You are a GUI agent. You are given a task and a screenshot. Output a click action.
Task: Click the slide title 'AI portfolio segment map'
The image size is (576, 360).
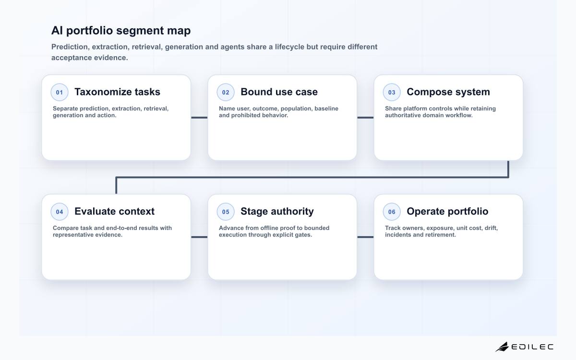[121, 31]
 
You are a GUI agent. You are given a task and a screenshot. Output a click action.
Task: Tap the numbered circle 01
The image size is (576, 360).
[60, 92]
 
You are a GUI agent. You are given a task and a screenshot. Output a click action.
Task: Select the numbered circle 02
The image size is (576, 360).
[226, 92]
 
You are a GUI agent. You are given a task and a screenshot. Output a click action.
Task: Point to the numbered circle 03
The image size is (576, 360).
[392, 92]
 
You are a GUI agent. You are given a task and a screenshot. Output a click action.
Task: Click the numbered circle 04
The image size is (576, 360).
[60, 212]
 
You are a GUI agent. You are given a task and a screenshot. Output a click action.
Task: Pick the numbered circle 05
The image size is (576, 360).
[226, 212]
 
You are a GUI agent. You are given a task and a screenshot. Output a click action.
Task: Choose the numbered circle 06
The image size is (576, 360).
[392, 212]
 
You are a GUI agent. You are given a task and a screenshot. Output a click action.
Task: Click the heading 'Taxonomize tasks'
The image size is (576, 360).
[117, 92]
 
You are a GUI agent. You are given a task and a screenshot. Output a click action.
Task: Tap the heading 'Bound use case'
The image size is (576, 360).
[279, 92]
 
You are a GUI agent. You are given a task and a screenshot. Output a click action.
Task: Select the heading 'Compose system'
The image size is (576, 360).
[448, 92]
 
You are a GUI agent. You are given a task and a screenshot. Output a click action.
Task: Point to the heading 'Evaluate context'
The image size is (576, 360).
[114, 211]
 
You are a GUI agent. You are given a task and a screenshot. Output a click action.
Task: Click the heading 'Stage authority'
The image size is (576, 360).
[277, 212]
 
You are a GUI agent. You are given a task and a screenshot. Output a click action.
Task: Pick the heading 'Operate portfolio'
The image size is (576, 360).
[447, 212]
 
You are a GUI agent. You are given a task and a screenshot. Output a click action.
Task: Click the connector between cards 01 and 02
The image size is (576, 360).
[199, 118]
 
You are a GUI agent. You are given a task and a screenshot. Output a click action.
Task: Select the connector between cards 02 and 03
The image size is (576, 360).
[365, 118]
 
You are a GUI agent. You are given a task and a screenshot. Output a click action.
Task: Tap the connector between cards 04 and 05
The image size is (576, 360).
[199, 237]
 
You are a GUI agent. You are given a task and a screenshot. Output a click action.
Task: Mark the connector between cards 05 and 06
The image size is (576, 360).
[365, 237]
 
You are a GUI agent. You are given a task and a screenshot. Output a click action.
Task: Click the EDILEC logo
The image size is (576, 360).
[524, 347]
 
